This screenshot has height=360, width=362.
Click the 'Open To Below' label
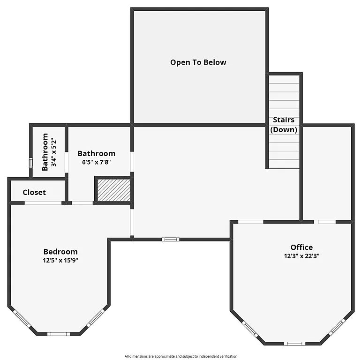point(198,62)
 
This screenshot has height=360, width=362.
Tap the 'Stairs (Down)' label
point(284,125)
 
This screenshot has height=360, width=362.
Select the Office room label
point(301,247)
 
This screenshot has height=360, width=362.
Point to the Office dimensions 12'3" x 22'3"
point(301,256)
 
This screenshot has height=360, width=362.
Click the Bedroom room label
point(60,252)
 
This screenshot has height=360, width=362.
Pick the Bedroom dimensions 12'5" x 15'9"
point(60,260)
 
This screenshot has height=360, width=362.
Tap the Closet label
point(34,192)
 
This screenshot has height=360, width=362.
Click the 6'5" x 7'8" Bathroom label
point(96,154)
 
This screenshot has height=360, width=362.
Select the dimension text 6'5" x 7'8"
point(96,162)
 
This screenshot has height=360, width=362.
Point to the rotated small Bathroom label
point(45,152)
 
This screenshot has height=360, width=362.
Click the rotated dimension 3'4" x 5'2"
point(54,152)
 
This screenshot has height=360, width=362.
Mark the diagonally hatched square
point(113,190)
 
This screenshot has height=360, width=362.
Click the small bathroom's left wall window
point(31,163)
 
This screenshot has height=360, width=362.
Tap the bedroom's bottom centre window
point(59,334)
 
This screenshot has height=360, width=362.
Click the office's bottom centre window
point(294,344)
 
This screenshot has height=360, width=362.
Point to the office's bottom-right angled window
point(337,326)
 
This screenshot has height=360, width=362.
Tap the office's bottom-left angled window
point(250,329)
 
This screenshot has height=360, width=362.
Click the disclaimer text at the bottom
point(181,356)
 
